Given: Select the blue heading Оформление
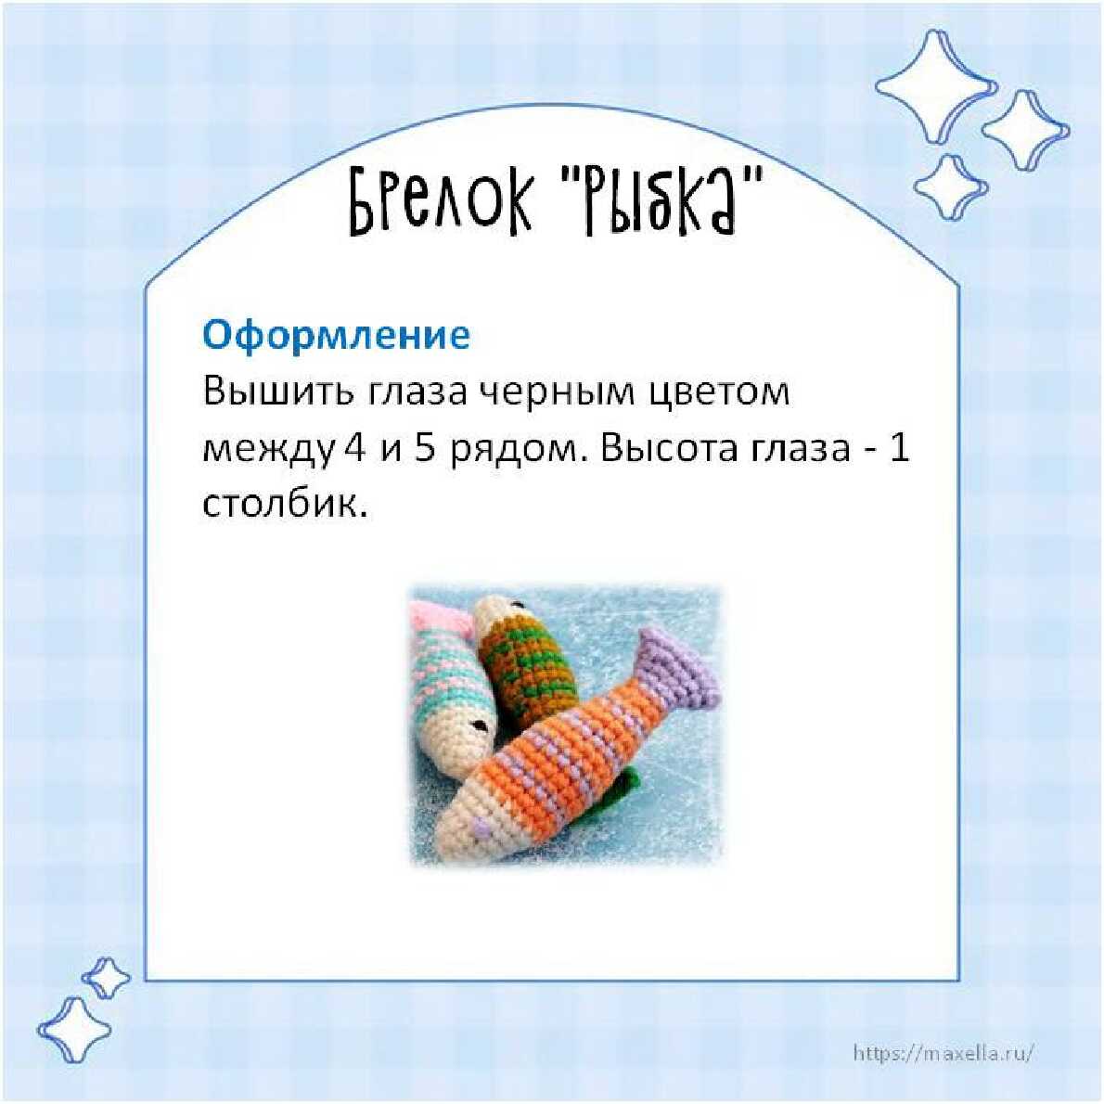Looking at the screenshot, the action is pos(336,335).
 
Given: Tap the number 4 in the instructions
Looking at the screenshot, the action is pos(354,448).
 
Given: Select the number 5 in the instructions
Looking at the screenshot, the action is pos(425,448).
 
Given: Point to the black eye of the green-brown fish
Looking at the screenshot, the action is pos(518,604).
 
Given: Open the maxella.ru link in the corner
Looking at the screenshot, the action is pos(944,1053).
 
